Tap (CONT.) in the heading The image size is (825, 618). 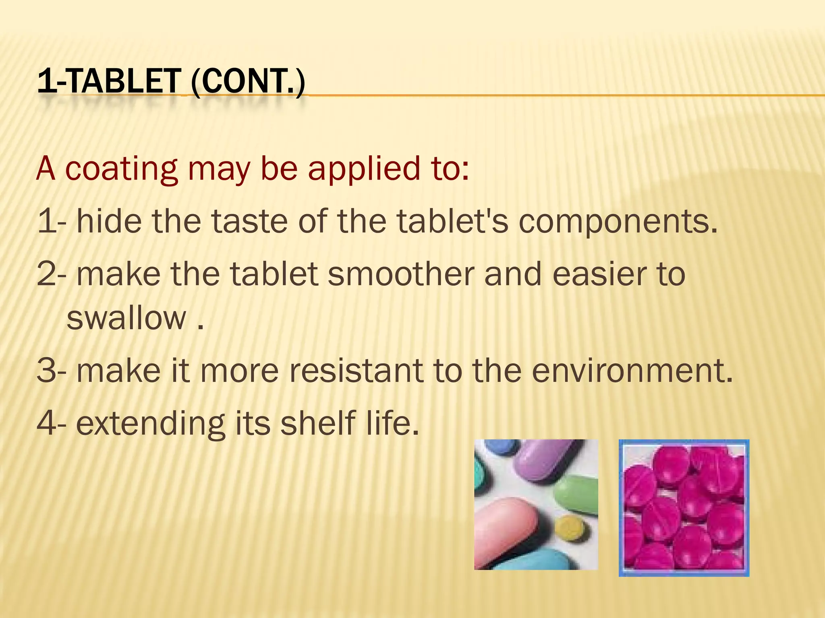pyautogui.click(x=248, y=82)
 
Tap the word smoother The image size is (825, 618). pyautogui.click(x=400, y=274)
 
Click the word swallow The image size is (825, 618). pyautogui.click(x=126, y=318)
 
